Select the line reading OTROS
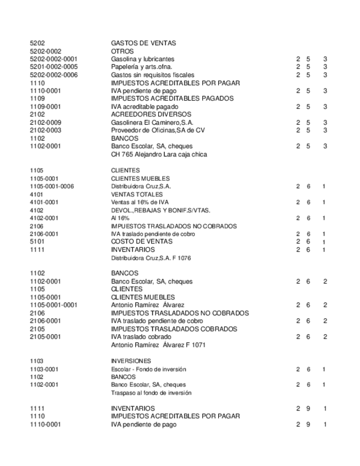point(123,51)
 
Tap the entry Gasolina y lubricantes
point(142,59)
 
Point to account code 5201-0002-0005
point(53,66)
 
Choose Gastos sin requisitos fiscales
point(152,75)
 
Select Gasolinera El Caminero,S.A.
point(152,123)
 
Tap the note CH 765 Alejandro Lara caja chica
point(159,154)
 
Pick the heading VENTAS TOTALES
point(136,194)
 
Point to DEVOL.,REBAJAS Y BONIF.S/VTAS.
point(160,210)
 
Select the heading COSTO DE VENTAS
point(142,241)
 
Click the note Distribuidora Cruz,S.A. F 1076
point(151,258)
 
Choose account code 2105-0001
point(45,337)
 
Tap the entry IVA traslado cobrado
point(141,337)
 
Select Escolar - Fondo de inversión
point(148,369)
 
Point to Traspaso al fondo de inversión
point(151,393)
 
